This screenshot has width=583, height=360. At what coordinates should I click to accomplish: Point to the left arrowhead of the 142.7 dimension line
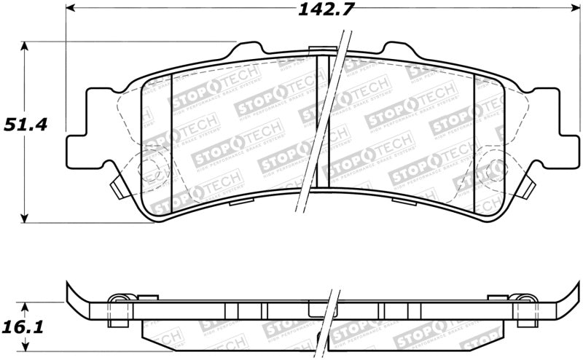71,10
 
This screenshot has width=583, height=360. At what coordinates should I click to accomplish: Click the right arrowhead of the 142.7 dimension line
569,10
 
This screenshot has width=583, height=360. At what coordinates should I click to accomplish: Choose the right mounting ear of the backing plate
563,141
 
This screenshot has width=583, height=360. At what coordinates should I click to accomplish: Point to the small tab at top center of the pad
318,50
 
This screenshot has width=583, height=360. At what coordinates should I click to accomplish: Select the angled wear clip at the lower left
117,189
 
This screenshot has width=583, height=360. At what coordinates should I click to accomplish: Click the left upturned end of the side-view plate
73,295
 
